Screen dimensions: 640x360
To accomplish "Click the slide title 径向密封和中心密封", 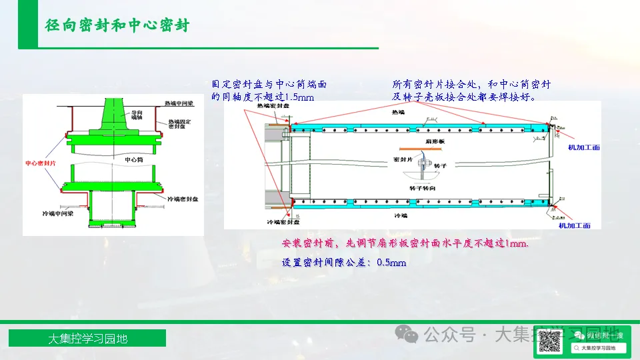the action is coord(117,25).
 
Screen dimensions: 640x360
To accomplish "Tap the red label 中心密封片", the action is coord(39,163).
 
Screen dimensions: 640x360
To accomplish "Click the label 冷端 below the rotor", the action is coord(400,217).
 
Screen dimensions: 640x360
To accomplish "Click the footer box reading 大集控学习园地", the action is coord(87,339).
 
